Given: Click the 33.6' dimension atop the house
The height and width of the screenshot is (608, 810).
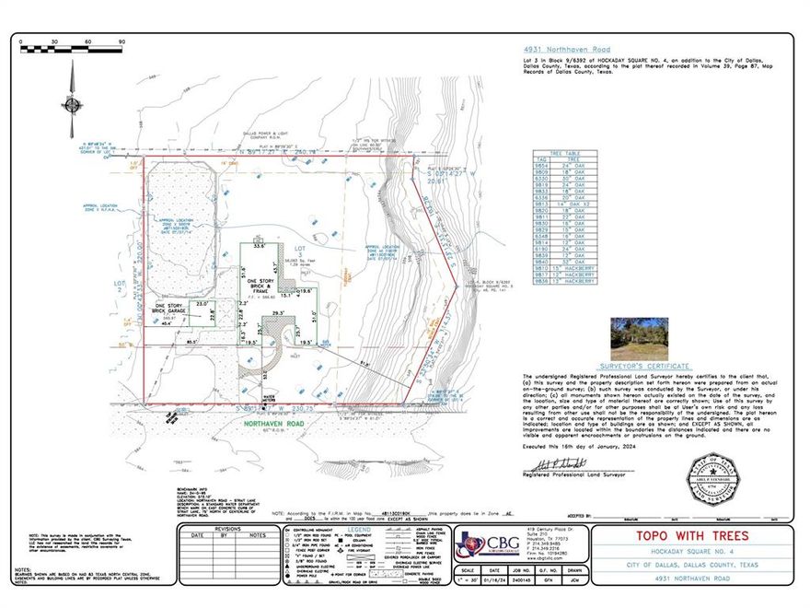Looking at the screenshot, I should pos(259,246).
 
